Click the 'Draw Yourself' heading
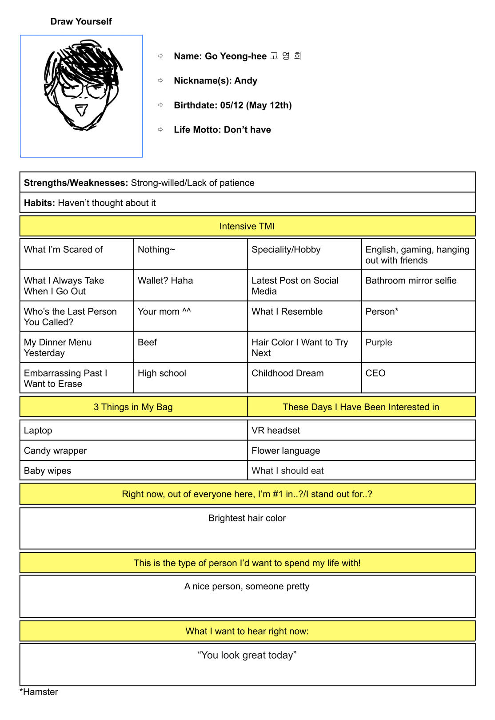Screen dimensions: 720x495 [x=81, y=21]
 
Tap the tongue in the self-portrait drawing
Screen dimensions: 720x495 [x=81, y=109]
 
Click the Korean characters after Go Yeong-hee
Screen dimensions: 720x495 [x=286, y=56]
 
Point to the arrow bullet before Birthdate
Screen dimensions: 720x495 [x=161, y=105]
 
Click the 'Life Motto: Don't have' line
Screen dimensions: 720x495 [x=222, y=130]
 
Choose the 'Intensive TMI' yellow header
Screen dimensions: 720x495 [x=247, y=226]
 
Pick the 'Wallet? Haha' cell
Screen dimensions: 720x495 [x=165, y=280]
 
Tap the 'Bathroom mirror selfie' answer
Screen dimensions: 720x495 [x=411, y=280]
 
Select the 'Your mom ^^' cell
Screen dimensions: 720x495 [x=164, y=312]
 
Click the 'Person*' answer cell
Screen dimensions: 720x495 [x=382, y=312]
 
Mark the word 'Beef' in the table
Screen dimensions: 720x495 [x=148, y=342]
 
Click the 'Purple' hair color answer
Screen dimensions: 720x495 [x=379, y=342]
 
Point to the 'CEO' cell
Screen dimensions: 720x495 [x=375, y=373]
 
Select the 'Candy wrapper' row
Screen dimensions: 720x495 [x=56, y=451]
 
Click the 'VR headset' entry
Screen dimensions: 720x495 [x=275, y=430]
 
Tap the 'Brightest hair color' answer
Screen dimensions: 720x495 [x=247, y=518]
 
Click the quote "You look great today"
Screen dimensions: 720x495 [x=247, y=655]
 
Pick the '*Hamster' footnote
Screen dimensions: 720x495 [x=39, y=692]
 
